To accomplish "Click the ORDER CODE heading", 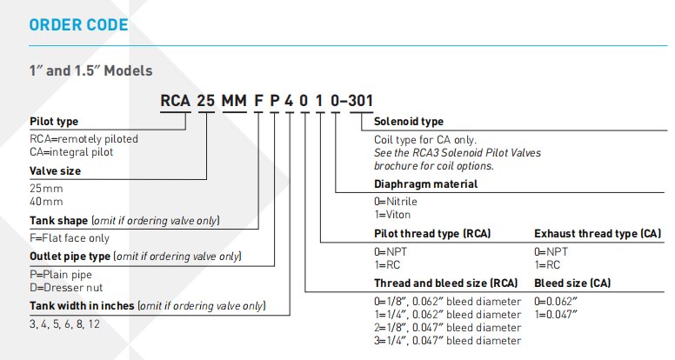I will click(78, 25).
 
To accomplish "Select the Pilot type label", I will click(52, 122).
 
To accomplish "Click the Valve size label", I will click(55, 171).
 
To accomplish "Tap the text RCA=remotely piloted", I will click(84, 138).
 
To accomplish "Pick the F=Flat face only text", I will click(70, 237).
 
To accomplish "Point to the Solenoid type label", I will click(408, 122).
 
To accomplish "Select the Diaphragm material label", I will click(425, 184).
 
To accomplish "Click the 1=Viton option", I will click(392, 214).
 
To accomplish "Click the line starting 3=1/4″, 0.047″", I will click(447, 341).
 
